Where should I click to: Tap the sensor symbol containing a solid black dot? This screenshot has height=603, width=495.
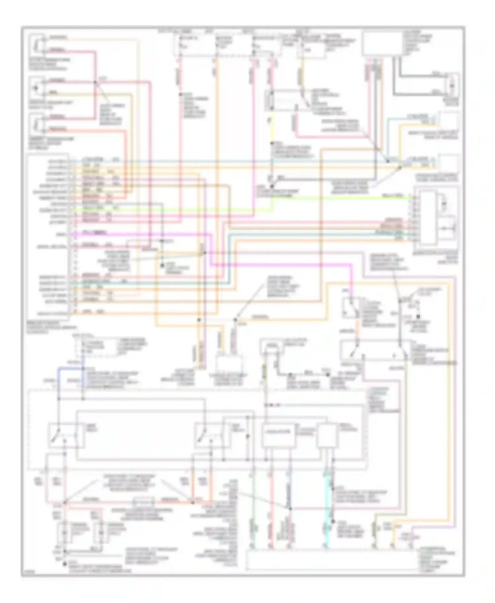click(x=37, y=88)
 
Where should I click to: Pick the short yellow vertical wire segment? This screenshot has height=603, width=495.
click(x=272, y=129)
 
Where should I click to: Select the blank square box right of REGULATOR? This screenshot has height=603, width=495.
click(x=327, y=435)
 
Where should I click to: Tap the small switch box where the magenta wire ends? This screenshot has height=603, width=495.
click(x=350, y=307)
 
